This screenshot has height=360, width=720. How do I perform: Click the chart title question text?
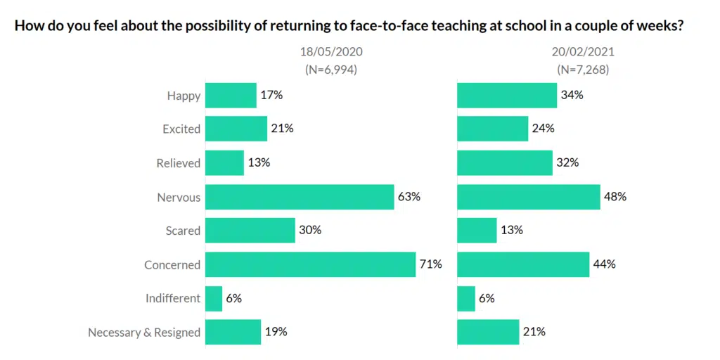tap(350, 27)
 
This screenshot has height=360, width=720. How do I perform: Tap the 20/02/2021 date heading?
tap(583, 52)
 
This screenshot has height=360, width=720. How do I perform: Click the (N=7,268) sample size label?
tap(583, 70)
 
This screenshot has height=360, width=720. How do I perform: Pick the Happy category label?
tap(184, 96)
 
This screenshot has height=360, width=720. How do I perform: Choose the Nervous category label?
tap(179, 198)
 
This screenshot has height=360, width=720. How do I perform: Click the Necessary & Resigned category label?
tap(144, 333)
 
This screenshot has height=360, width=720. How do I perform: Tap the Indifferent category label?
tap(173, 298)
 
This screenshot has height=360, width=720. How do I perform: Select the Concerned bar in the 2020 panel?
tap(310, 264)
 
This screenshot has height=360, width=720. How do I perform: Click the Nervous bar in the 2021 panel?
tap(528, 198)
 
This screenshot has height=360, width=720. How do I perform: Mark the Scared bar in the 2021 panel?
tap(477, 231)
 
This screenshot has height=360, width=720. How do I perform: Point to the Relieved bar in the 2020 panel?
tap(224, 163)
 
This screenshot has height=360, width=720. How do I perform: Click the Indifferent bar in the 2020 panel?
tap(214, 298)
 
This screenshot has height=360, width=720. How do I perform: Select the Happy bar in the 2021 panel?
tap(507, 96)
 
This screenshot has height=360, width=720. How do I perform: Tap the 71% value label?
tap(432, 264)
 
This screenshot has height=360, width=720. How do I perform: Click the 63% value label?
tap(409, 197)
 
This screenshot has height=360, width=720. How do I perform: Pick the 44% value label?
tap(605, 264)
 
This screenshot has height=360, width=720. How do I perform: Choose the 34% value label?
tap(572, 95)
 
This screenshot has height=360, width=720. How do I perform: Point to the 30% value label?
tap(310, 231)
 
